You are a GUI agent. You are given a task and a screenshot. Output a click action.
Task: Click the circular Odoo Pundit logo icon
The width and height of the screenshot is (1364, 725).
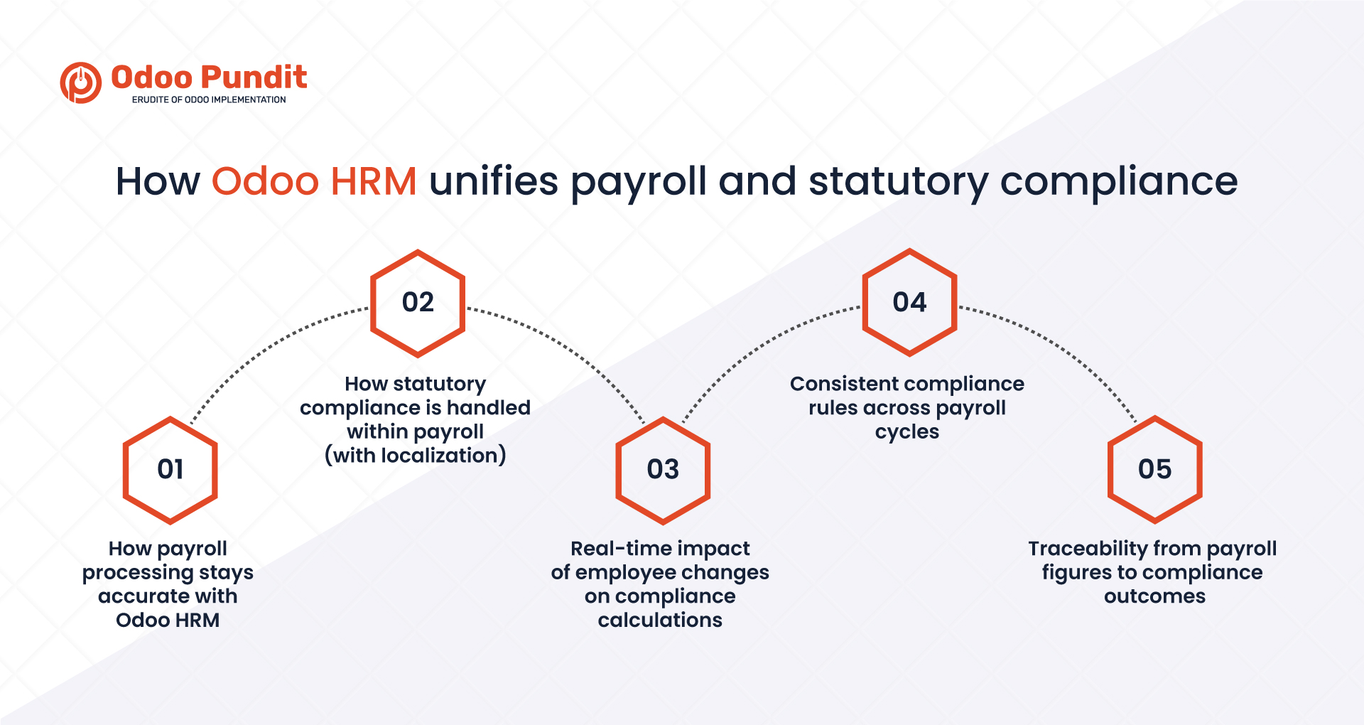pos(80,82)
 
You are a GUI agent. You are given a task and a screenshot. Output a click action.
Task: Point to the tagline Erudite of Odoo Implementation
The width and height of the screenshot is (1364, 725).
pos(209,100)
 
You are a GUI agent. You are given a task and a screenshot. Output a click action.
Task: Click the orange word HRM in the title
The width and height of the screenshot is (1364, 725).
pos(374,181)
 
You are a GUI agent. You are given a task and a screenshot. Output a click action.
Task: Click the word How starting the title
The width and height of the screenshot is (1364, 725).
pos(158,181)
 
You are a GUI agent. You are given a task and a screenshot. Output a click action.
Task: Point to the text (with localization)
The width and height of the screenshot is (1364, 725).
pos(416,456)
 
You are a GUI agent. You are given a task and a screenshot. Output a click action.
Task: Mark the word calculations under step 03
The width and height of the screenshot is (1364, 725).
pos(660,620)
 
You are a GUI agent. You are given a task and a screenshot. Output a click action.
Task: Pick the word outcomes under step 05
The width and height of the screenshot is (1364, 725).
pos(1155,596)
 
